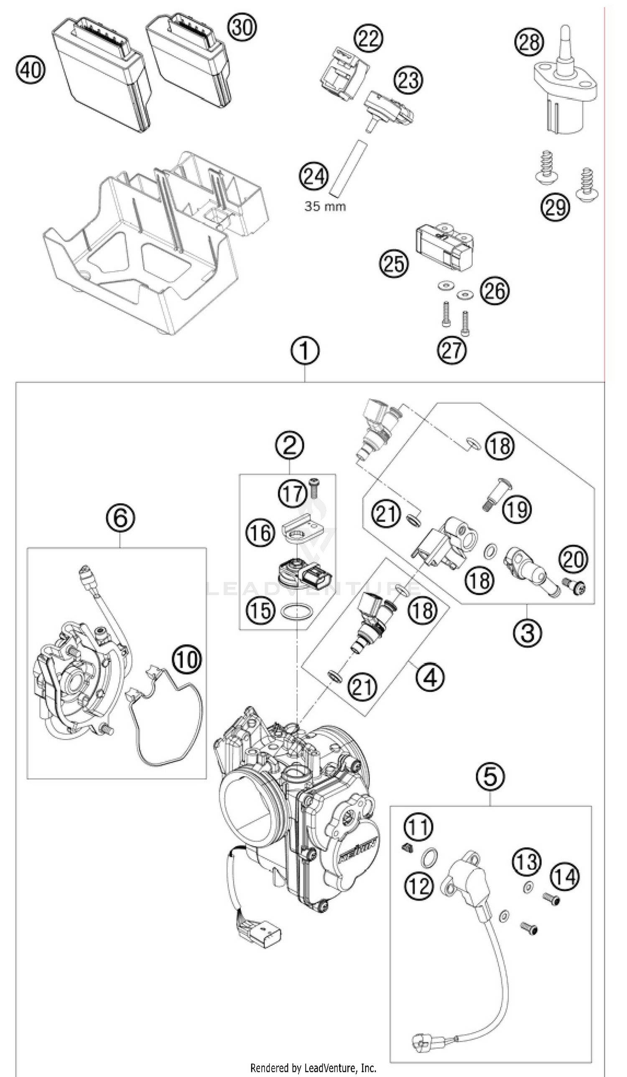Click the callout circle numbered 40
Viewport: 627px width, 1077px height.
[31, 70]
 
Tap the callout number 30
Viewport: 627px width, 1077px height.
[242, 27]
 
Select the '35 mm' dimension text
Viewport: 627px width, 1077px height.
[325, 206]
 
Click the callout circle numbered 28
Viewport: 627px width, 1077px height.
[529, 42]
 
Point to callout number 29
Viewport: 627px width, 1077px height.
[555, 207]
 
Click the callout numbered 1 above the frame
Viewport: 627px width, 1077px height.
[305, 351]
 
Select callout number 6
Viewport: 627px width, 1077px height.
[120, 517]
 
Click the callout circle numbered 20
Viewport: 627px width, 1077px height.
[573, 559]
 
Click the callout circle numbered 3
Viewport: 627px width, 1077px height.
[528, 632]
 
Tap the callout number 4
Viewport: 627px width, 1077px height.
[430, 677]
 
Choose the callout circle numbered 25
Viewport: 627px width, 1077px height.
[394, 263]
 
